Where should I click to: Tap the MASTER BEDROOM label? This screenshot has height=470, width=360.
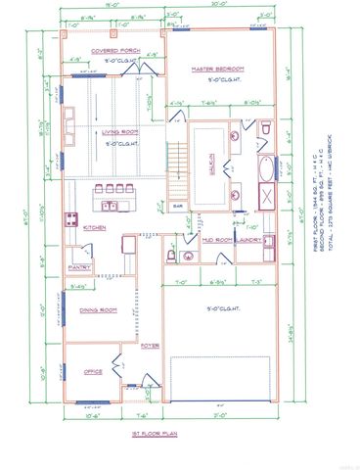[x=217, y=69]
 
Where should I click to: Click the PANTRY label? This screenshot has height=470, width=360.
[x=79, y=267]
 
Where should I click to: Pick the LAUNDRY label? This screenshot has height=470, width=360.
[x=247, y=240]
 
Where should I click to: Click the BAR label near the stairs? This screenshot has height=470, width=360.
[x=178, y=207]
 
